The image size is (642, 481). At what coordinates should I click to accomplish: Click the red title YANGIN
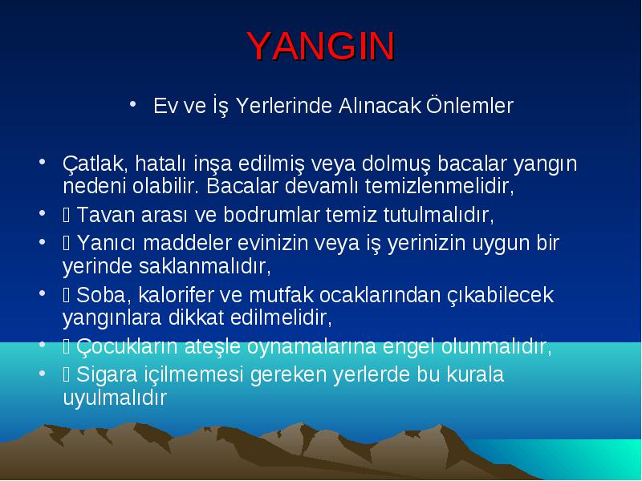[321, 46]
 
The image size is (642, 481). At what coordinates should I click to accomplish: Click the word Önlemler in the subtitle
[469, 106]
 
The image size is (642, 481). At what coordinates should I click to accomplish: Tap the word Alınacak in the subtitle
[380, 106]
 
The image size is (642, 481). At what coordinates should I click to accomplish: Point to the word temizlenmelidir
[439, 186]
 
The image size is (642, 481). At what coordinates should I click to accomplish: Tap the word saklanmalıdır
[205, 266]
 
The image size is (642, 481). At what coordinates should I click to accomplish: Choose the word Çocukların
[128, 346]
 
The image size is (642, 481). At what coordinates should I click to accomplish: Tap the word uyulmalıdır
[115, 397]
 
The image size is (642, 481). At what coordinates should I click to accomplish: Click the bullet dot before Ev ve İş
[132, 104]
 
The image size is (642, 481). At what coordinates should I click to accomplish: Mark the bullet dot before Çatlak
[42, 161]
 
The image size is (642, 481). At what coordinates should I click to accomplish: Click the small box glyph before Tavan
[67, 215]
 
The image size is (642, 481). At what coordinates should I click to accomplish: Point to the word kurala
[475, 374]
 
